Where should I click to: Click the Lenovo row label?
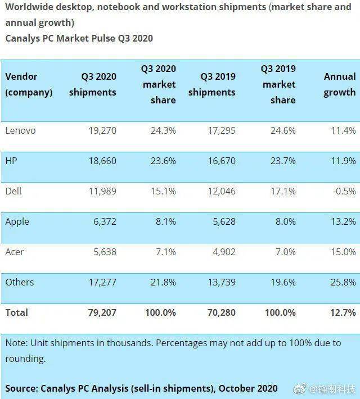(20, 130)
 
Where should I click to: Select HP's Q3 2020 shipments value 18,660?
(102, 161)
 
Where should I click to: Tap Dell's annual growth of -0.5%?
(344, 191)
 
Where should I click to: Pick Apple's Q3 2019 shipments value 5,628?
(224, 221)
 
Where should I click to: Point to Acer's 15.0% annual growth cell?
(343, 252)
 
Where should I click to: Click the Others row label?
(20, 282)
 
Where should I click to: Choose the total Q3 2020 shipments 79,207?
(102, 312)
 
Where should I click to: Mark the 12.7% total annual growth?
(343, 312)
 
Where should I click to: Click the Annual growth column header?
(340, 84)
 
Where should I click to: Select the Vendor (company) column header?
(29, 84)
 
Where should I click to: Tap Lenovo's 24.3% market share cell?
(163, 130)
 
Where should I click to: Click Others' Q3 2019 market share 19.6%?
(283, 282)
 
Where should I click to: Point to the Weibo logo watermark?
(300, 389)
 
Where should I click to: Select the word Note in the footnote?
(16, 343)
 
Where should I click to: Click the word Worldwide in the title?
(29, 7)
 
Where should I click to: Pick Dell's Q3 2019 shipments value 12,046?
(222, 191)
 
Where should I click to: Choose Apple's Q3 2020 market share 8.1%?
(166, 221)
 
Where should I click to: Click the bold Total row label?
(16, 312)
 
